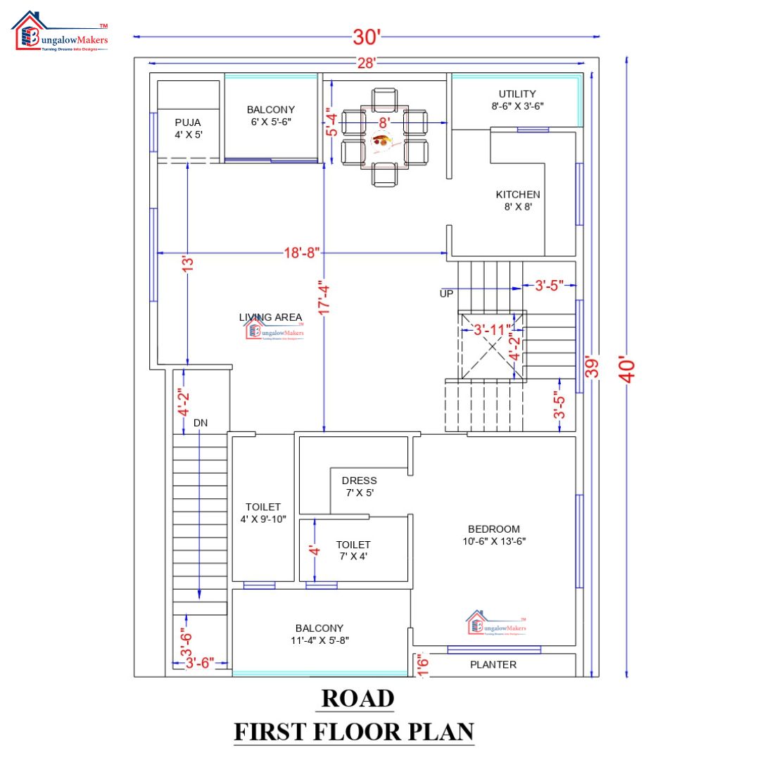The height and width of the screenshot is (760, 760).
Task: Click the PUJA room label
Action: (188, 128)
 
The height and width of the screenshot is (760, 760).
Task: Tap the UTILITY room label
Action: (517, 100)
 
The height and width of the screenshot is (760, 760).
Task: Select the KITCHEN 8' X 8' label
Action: (518, 201)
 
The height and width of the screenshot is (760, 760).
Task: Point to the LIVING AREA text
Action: (271, 317)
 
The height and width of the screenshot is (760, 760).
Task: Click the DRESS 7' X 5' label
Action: (359, 487)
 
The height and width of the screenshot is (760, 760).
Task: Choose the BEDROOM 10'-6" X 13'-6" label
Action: (493, 535)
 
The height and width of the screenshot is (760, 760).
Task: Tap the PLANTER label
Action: (493, 664)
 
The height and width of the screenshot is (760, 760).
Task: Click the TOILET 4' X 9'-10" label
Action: (263, 513)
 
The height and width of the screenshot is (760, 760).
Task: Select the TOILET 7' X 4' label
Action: (353, 550)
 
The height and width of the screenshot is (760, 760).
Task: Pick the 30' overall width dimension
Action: (366, 34)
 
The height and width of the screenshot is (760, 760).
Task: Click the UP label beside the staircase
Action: (447, 293)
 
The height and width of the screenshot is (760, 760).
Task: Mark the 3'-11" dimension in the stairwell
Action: (491, 329)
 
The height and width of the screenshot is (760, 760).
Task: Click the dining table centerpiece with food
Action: (384, 140)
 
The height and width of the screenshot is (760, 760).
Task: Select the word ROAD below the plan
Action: (357, 698)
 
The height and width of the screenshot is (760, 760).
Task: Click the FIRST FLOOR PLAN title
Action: (354, 732)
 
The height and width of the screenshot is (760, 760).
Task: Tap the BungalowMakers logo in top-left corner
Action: (61, 32)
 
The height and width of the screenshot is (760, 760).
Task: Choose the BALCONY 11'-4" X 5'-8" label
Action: (319, 634)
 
